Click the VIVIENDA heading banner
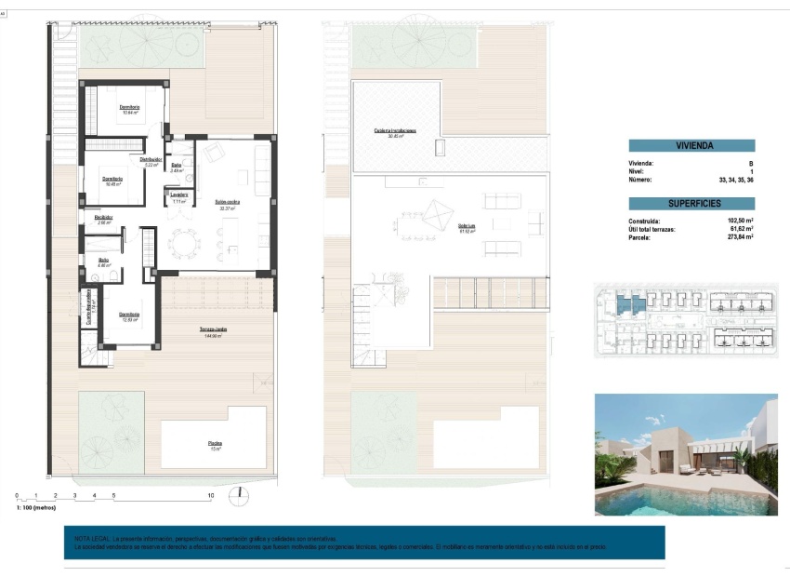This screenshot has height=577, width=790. coord(691,145)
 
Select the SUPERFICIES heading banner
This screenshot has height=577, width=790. coord(691,203)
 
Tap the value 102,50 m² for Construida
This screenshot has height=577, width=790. coord(740,221)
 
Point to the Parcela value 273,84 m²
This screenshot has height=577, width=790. coord(740,237)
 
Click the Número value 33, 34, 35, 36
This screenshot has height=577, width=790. coord(735,180)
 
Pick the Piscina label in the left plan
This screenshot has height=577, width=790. coord(215,443)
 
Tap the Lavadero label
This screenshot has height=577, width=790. coord(179,195)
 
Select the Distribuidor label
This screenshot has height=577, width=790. coord(152,159)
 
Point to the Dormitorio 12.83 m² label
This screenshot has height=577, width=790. coord(129,315)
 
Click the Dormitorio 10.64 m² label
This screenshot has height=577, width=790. coord(129,108)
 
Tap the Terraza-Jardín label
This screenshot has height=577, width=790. coord(213,329)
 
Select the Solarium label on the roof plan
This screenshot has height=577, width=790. coord(467,226)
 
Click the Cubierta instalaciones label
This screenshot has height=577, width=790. coord(394,131)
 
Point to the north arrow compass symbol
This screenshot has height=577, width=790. coord(240,494)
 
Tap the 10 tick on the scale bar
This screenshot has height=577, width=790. coord(212,495)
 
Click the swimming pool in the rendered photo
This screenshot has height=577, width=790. coord(669,501)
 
